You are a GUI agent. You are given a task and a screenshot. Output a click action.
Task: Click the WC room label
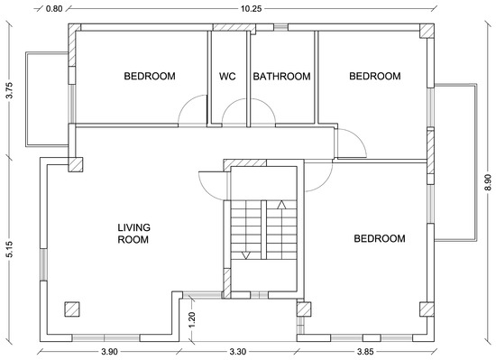coord(227,76)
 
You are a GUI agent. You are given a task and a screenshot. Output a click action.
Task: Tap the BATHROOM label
coord(281,76)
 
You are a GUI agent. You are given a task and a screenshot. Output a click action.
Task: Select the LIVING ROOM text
coord(133,234)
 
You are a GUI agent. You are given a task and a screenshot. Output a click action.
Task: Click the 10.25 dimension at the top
coord(252,8)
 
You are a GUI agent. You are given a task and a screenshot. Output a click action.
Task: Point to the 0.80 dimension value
coord(54,8)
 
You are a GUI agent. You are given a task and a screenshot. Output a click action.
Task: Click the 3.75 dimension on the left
coord(9,90)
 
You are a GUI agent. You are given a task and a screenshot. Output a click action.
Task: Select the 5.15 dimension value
coord(9,249)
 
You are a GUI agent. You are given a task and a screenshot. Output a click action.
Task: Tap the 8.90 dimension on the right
coord(488,182)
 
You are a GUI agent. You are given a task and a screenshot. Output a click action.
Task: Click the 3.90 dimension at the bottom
coord(109,352)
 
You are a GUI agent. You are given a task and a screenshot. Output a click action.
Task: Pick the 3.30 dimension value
coord(237,352)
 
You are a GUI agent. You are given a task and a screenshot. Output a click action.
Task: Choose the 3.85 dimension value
coord(365,352)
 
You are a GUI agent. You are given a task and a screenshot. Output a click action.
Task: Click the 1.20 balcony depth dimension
coord(192,320)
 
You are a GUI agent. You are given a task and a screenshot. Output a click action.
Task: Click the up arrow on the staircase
coord(281,205)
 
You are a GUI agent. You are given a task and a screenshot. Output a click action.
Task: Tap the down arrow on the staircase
coord(246,255)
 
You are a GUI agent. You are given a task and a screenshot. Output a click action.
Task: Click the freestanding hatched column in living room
coord(72,309)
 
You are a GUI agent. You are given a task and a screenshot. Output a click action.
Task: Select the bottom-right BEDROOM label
coord(380,238)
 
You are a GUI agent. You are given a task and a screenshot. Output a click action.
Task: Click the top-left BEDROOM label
coord(150,76)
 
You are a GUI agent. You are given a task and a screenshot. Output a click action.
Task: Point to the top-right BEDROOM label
coord(375,76)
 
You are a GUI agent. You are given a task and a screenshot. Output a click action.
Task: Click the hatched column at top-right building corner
coord(427,31)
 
